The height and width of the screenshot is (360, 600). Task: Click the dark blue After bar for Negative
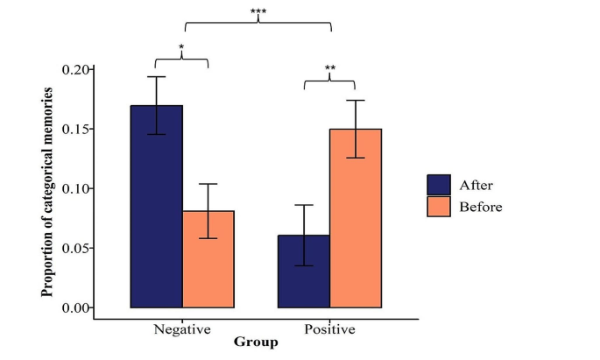(x=157, y=207)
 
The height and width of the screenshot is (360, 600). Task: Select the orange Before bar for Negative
(x=208, y=259)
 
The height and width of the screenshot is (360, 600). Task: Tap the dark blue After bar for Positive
(x=304, y=272)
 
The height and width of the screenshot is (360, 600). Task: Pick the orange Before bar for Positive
(x=356, y=218)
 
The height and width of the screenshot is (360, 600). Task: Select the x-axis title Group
(x=256, y=342)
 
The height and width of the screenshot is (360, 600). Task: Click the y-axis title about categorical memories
(x=48, y=191)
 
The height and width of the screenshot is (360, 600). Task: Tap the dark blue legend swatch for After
(x=438, y=184)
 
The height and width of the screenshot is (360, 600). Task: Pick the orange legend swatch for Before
(x=438, y=206)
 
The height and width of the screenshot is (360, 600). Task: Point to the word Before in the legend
(x=480, y=207)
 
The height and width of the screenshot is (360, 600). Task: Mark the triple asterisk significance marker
(x=258, y=12)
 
